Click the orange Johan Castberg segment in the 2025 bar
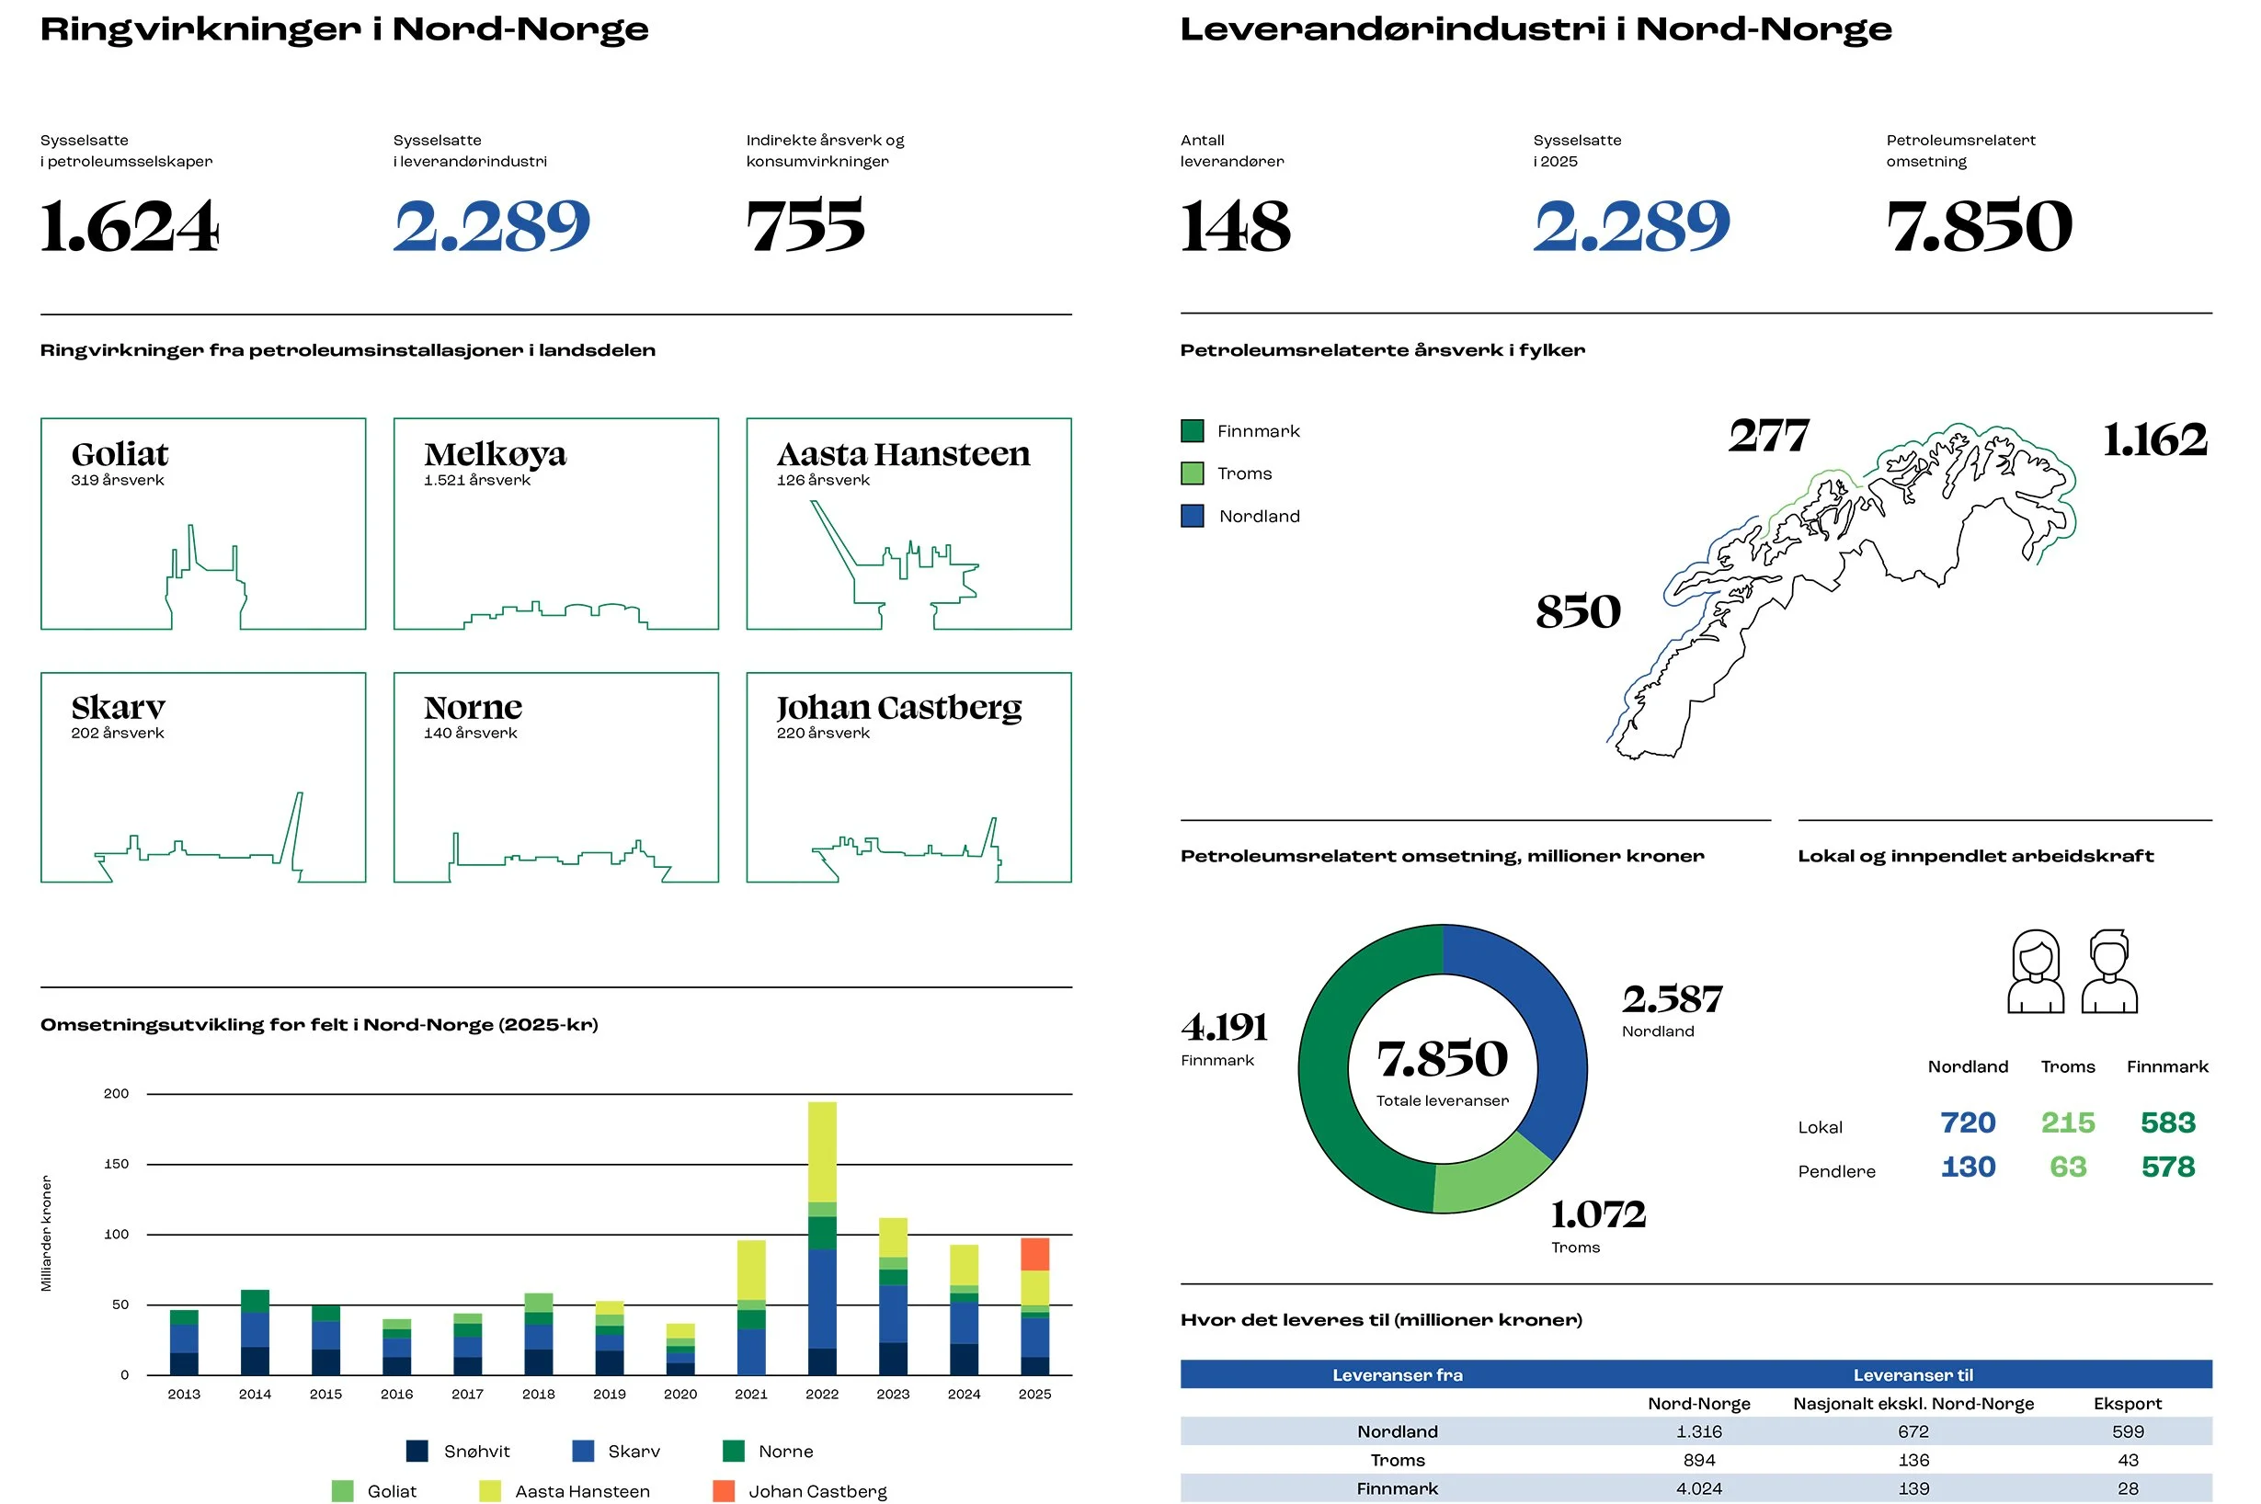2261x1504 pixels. [1034, 1255]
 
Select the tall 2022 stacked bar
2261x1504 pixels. [822, 1238]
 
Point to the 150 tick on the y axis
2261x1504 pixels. [116, 1164]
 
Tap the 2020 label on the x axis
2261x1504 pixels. [680, 1394]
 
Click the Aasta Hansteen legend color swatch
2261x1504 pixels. [489, 1490]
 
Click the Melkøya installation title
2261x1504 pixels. [495, 454]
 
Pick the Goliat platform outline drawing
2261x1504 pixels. [205, 576]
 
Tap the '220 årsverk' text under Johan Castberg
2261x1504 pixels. [823, 733]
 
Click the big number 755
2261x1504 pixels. [805, 226]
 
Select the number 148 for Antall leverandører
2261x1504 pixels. [1236, 226]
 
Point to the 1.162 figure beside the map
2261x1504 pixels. [2154, 440]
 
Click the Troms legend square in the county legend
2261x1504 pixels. [1193, 473]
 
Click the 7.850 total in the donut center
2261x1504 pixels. [1443, 1059]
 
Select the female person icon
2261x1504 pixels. [2036, 972]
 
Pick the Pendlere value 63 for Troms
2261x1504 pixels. [2067, 1167]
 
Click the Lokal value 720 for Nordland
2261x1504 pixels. [1968, 1122]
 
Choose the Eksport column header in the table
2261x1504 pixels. [2128, 1403]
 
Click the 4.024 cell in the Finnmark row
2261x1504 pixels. [1699, 1488]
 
